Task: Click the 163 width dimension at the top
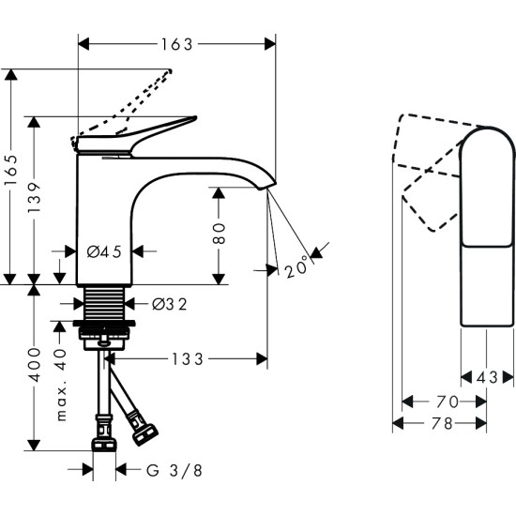click(x=175, y=44)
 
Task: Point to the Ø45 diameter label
click(x=103, y=250)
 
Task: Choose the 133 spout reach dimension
click(x=190, y=358)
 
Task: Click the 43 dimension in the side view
click(x=486, y=377)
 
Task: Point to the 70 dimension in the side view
click(x=447, y=402)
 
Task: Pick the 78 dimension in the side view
click(x=441, y=423)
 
